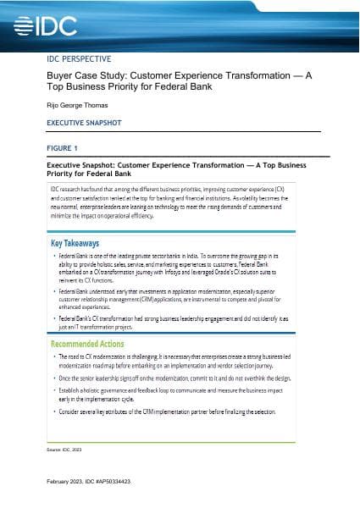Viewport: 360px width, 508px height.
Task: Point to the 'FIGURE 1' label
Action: (63, 146)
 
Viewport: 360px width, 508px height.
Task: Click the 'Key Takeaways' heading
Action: (81, 242)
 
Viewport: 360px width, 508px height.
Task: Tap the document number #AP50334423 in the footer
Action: (108, 480)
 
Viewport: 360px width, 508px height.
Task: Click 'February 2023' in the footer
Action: (65, 480)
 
